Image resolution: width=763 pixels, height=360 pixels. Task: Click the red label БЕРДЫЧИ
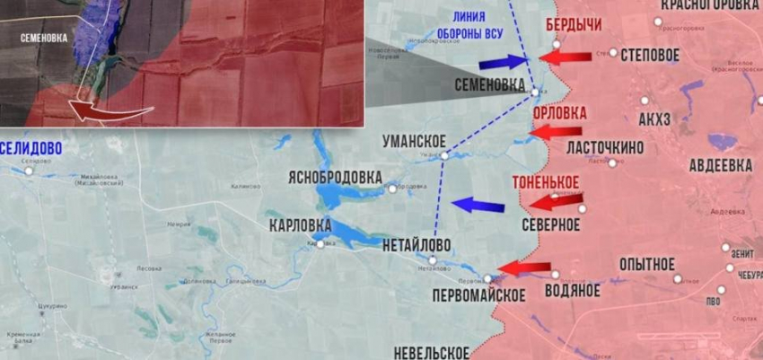click(x=574, y=24)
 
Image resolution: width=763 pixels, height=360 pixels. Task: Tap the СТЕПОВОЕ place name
click(x=649, y=55)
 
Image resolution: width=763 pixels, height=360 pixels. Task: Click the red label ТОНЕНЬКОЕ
click(x=545, y=182)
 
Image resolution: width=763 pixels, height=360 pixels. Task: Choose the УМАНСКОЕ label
click(x=414, y=140)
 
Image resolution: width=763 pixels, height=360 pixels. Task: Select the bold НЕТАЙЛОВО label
click(x=416, y=245)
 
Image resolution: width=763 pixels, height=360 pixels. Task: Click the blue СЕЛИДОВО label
click(x=31, y=147)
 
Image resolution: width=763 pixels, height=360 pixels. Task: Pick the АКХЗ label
click(x=654, y=121)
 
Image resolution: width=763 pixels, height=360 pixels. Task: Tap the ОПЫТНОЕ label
click(x=646, y=264)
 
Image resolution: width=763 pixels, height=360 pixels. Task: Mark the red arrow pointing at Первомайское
click(x=524, y=267)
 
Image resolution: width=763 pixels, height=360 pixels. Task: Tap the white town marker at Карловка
click(x=320, y=243)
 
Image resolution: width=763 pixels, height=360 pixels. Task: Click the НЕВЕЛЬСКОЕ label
click(x=431, y=351)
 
